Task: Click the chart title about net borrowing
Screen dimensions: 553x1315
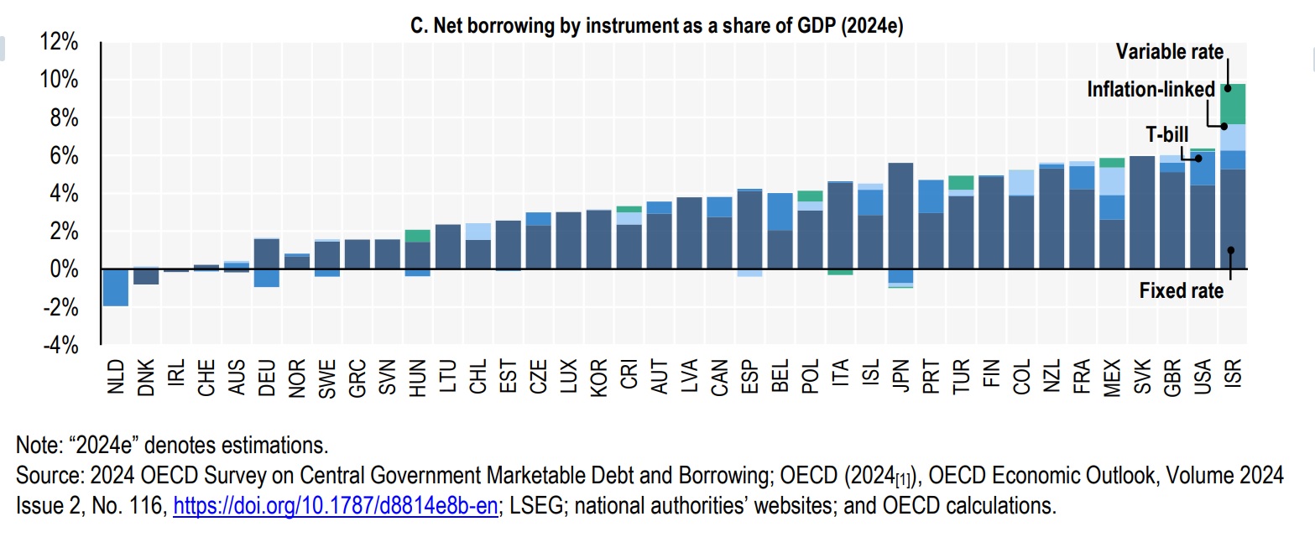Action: pos(655,27)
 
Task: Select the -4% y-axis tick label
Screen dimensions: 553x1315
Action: pos(60,345)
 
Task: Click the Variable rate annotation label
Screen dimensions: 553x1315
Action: pos(1169,52)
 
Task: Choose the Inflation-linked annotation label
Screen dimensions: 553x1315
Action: pos(1151,89)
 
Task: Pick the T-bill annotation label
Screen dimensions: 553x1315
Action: pos(1167,133)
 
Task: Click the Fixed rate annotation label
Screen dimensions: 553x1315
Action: pos(1182,292)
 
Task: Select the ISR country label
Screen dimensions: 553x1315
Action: pos(1232,375)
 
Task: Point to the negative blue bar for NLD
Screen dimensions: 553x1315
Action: pos(115,288)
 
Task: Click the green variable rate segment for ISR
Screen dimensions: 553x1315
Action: pos(1232,103)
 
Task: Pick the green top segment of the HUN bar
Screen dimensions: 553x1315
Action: pos(417,236)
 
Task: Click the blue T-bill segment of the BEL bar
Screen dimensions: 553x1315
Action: pos(780,211)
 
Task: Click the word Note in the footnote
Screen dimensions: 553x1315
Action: pos(34,444)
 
